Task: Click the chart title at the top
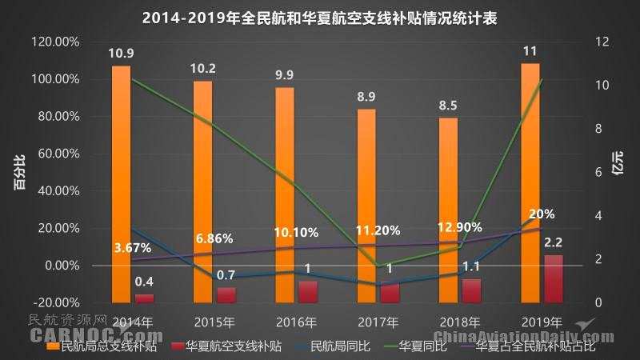[320, 18]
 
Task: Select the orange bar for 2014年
[122, 184]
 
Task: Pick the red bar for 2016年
[307, 291]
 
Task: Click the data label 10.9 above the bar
[122, 53]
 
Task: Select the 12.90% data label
[459, 227]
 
